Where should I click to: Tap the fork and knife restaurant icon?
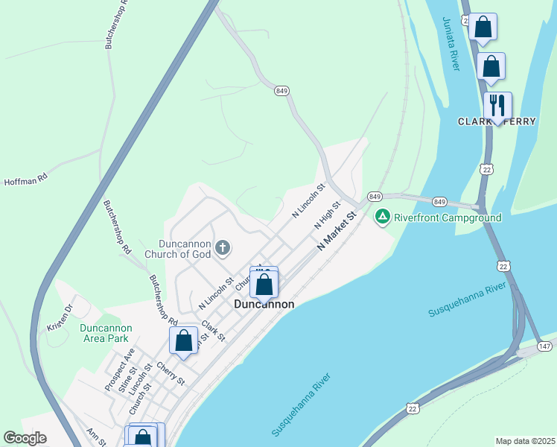497,105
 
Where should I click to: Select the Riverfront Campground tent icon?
383,217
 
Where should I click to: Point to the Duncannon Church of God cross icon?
222,247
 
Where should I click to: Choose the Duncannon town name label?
264,304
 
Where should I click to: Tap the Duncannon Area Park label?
106,333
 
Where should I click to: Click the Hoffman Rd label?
26,180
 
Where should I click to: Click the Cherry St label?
171,374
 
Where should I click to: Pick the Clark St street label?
213,332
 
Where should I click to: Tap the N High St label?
327,215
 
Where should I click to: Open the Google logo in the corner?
25,437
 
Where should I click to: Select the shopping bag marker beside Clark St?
184,340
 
